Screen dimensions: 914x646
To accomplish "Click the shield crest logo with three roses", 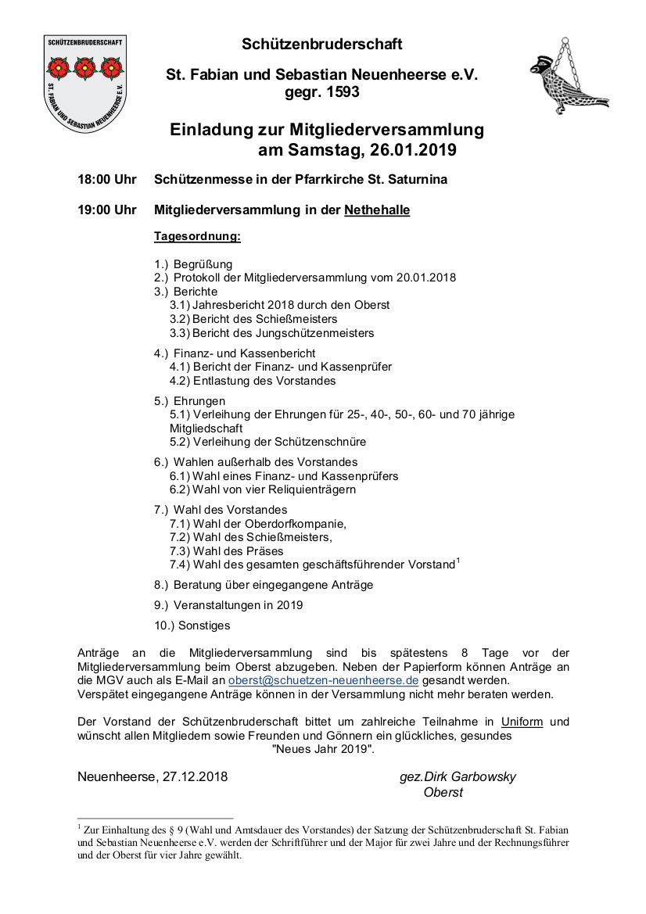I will coord(86,82).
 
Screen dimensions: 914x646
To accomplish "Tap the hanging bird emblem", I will coord(566,78).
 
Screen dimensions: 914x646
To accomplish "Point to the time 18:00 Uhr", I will coord(107,180).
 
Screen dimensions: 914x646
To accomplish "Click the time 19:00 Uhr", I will coord(107,210).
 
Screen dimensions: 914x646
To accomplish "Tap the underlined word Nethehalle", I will coord(377,210).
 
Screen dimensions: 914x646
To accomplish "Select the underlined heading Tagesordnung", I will coord(197,235).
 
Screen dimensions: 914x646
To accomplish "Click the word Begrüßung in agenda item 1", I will coord(203,264).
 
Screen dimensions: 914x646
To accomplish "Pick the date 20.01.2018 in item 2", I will coord(427,278).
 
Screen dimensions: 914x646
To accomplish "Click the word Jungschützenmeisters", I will coord(315,333).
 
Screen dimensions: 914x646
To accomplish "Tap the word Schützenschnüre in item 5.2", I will coord(321,442).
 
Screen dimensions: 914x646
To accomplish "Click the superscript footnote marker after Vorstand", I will coord(458,559).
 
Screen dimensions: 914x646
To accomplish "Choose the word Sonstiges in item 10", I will coord(204,625).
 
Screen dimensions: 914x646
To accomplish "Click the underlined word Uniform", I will coord(522,722).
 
